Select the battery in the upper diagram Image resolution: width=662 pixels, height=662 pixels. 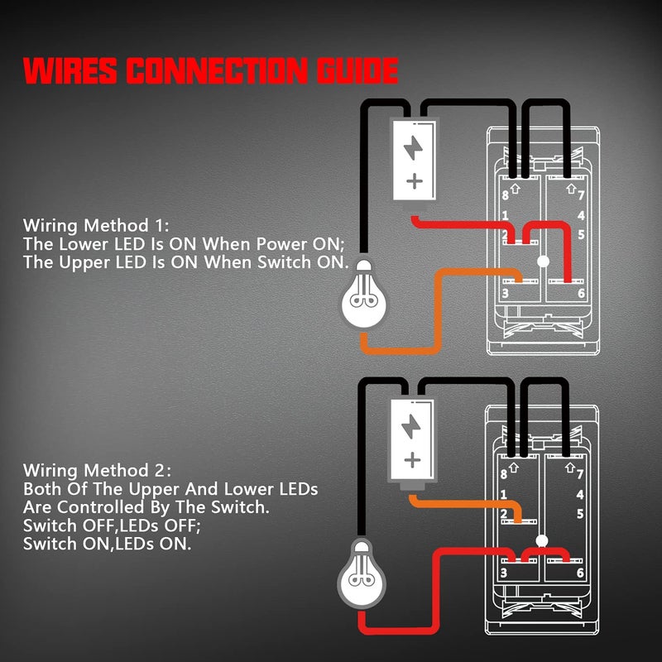[411, 157]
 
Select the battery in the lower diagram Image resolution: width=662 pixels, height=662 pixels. [411, 438]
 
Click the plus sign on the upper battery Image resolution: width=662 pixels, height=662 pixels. [413, 180]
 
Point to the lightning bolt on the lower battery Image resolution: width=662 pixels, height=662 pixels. [411, 425]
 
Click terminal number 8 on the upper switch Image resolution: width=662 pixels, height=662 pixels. [504, 196]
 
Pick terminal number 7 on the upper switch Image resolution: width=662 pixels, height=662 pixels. [582, 196]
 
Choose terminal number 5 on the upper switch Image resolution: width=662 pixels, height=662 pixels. [582, 235]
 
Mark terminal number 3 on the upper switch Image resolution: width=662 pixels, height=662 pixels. [505, 293]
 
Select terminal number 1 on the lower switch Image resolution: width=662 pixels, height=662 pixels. [504, 495]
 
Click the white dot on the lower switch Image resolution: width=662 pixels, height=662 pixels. [543, 540]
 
